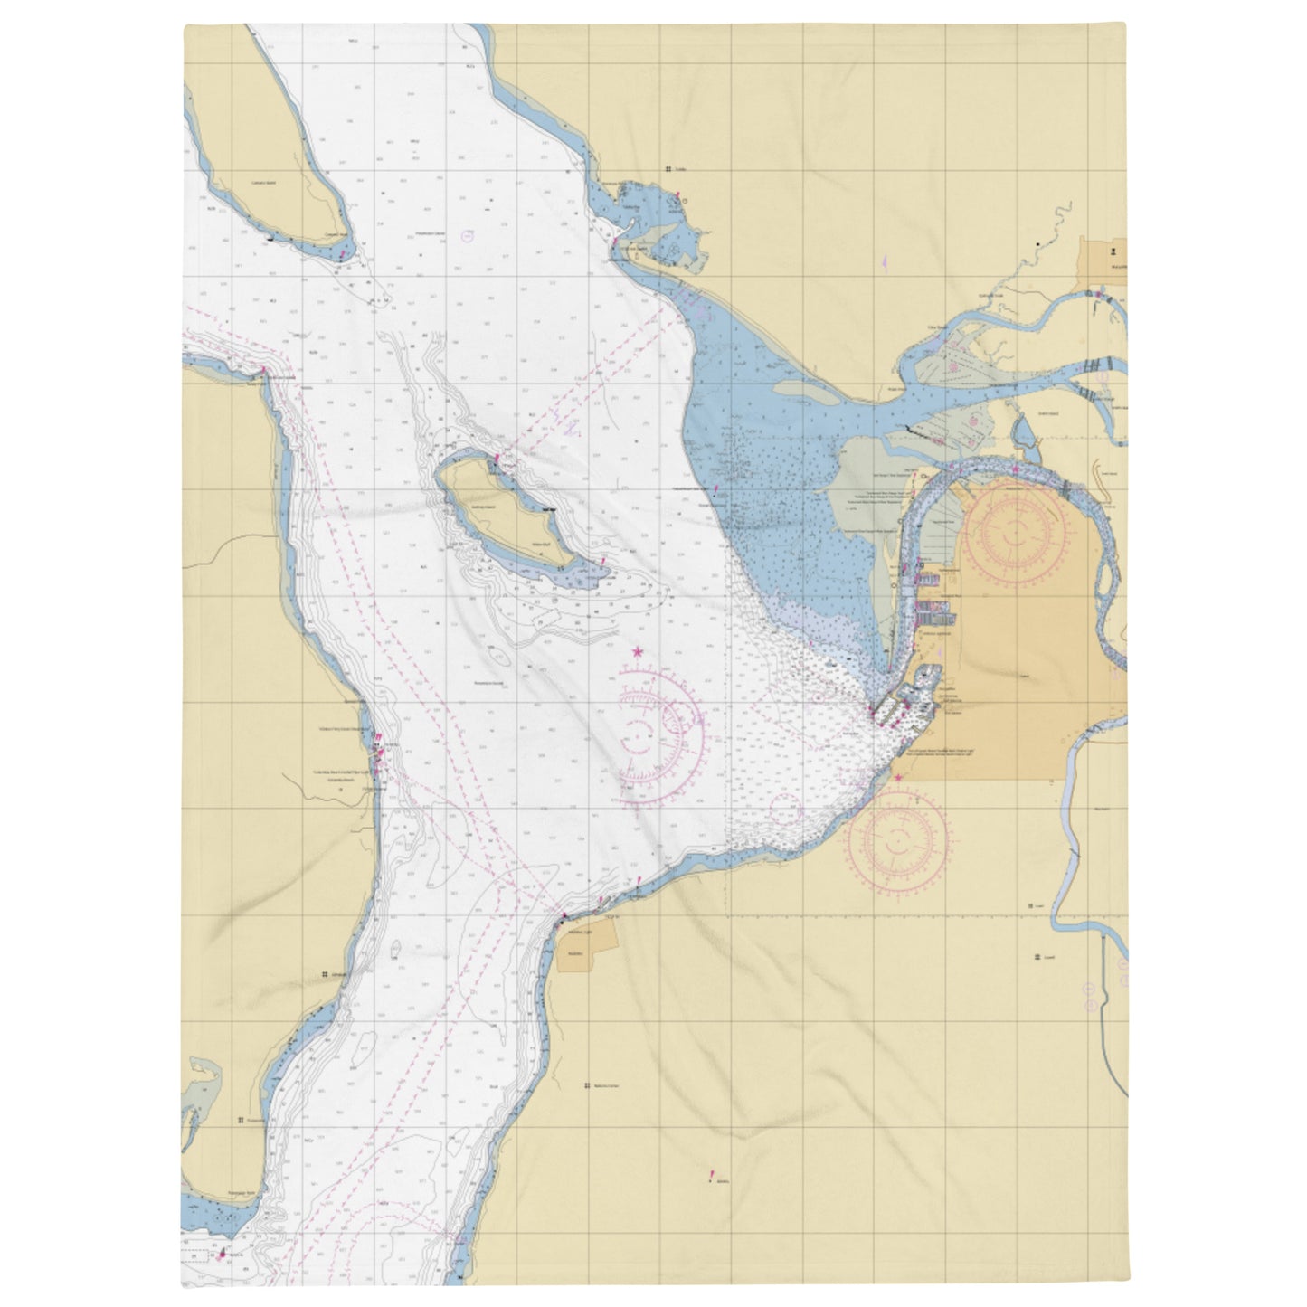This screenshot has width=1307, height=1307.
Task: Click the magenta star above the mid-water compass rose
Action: tap(638, 650)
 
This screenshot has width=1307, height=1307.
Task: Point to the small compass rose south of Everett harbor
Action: tap(898, 837)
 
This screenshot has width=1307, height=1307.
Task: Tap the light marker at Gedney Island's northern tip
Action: tap(496, 459)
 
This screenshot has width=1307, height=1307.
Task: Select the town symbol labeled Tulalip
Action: tap(667, 169)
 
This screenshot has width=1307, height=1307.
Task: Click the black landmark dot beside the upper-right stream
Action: tap(1037, 243)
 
